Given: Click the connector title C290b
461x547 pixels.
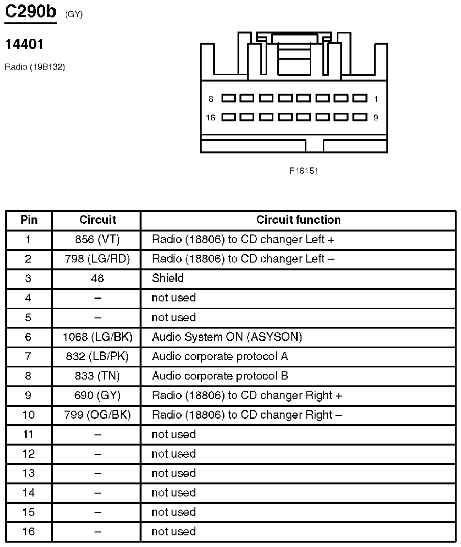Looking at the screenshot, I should pos(31,12).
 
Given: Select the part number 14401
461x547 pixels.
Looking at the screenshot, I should pos(24,45).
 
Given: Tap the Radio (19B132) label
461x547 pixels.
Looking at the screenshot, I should pos(35,67).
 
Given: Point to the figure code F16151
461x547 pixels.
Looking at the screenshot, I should pos(304,171).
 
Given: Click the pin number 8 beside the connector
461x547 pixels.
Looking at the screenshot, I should pos(211,99).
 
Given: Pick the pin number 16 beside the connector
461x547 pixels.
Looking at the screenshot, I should pos(210,117).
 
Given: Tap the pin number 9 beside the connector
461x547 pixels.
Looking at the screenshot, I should pos(376,117).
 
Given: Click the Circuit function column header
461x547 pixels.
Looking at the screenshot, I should pos(298,220).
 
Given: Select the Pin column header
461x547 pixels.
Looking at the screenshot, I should pos(29,220).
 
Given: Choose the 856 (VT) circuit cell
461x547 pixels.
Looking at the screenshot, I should pos(97,239).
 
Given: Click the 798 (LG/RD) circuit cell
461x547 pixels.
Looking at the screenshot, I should pos(97,259).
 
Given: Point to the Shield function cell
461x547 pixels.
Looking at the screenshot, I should pos(168,278).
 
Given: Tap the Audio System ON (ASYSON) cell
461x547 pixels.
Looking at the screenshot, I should pos(227,337).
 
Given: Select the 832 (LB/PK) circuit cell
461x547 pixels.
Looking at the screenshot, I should pos(97,356).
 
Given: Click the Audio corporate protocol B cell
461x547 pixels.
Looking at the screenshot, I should pos(220,376).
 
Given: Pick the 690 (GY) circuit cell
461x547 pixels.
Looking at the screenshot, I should pos(97,395).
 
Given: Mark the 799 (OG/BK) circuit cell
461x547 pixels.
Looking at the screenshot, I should pos(97,415).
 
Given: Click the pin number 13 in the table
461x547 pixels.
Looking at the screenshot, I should pos(29,473).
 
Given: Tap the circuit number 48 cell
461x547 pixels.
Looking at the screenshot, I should pos(97,278).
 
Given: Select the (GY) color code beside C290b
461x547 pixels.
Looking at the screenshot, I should pos(74,15).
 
